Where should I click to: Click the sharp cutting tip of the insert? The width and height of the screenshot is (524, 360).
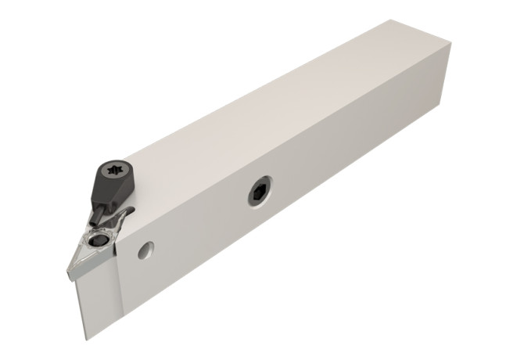pos(66,271)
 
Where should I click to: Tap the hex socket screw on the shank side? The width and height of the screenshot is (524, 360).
pos(258,192)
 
